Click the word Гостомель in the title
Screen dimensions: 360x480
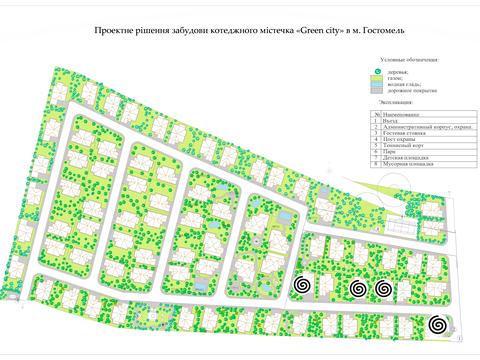click(x=375, y=32)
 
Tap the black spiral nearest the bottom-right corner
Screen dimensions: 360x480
click(x=437, y=326)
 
